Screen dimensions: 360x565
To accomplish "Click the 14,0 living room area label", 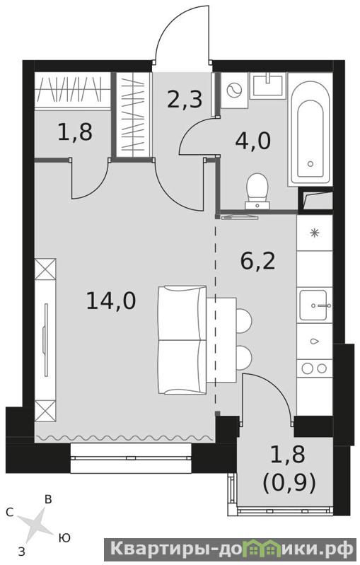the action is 111,301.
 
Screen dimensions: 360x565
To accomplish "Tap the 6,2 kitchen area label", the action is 257,261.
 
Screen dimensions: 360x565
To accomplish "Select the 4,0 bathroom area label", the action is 252,141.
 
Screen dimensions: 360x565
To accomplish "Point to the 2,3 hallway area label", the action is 185,99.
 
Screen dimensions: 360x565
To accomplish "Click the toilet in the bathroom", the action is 257,191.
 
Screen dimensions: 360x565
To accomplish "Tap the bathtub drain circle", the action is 310,164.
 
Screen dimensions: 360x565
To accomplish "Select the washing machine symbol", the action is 234,90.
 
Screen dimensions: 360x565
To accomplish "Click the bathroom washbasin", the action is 269,85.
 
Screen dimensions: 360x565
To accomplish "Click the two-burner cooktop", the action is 314,368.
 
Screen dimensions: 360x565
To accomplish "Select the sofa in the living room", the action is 182,340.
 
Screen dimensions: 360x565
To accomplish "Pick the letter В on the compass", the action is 48,499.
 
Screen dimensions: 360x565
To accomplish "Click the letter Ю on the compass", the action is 64,538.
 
